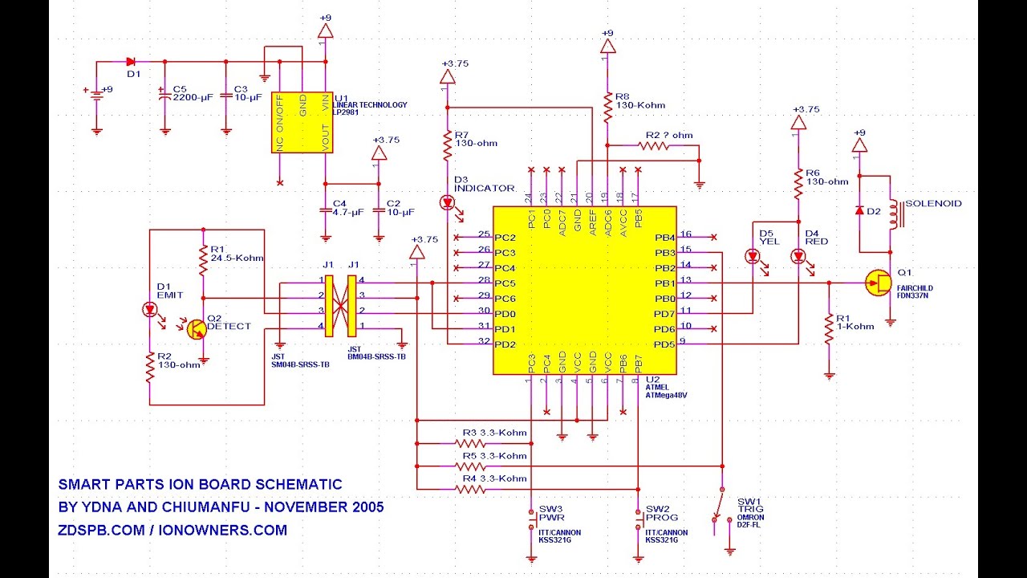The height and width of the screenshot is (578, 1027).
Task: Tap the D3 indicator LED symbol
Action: (x=447, y=204)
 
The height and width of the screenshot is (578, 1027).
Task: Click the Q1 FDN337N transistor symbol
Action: (x=879, y=283)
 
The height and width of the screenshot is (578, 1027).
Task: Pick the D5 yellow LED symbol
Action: (x=753, y=257)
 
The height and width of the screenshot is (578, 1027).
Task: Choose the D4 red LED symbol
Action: (x=798, y=257)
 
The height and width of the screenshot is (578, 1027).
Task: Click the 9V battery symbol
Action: (x=97, y=94)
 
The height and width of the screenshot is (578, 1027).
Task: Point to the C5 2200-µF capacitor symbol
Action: (x=164, y=95)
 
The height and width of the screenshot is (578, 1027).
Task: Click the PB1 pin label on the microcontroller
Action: (x=664, y=283)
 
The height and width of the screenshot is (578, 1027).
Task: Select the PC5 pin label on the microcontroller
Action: (x=504, y=283)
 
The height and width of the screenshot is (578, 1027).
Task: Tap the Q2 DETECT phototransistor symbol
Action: (x=197, y=327)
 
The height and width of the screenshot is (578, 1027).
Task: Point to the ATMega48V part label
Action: (x=667, y=395)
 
